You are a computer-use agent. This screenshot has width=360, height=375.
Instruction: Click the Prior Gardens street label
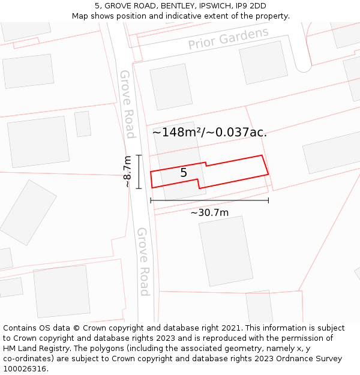(228, 39)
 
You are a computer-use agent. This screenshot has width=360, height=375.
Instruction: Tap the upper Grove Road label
(127, 104)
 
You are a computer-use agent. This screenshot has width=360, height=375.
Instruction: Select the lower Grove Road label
(143, 261)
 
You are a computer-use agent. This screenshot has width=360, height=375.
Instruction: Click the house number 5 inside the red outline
(184, 173)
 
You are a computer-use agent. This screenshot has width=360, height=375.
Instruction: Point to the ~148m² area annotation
(209, 132)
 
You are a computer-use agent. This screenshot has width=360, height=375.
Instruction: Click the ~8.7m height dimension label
(127, 172)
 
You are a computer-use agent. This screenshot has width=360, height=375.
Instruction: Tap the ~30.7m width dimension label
(209, 212)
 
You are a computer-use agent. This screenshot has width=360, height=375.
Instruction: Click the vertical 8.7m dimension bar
(139, 172)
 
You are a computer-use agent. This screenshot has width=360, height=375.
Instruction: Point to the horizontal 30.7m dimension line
(209, 200)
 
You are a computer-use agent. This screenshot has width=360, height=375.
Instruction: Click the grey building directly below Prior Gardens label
(263, 62)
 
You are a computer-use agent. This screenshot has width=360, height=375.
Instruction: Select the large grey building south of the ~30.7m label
(226, 250)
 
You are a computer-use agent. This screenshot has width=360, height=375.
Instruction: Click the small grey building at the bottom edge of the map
(260, 307)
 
